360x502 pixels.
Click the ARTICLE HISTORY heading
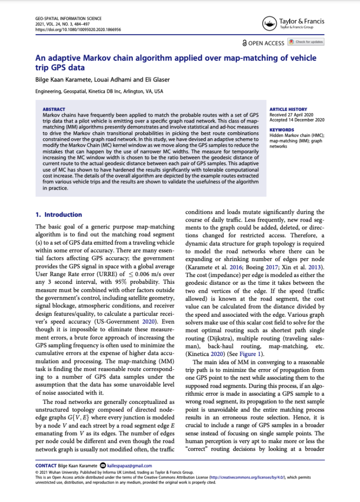point(288,109)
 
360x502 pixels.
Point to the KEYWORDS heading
point(282,130)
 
